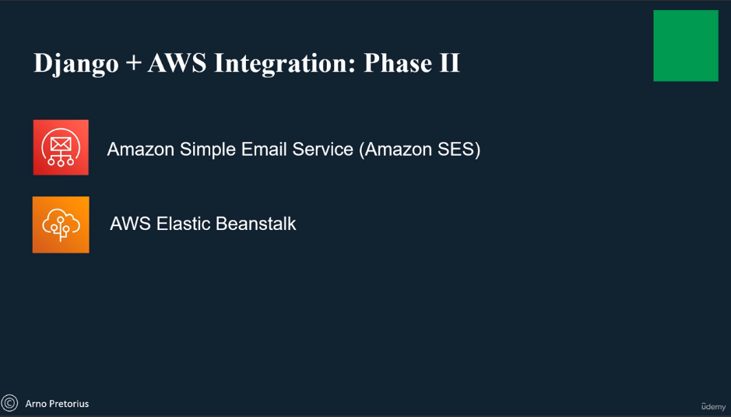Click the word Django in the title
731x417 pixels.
[76, 64]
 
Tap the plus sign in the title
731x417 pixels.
[133, 63]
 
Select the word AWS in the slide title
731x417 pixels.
[177, 62]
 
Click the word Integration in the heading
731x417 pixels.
[285, 64]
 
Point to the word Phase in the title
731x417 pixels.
[398, 62]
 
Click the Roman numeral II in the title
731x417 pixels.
[449, 62]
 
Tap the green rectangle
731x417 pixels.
[686, 46]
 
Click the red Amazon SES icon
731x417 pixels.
[61, 147]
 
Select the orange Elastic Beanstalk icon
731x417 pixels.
[61, 224]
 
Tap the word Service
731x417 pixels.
[322, 149]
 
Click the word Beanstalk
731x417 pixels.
[256, 224]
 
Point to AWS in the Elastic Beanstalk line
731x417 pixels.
[131, 224]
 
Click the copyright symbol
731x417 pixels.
[9, 403]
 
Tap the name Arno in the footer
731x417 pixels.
[36, 404]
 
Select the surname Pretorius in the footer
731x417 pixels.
[68, 404]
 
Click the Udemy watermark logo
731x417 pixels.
[713, 407]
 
